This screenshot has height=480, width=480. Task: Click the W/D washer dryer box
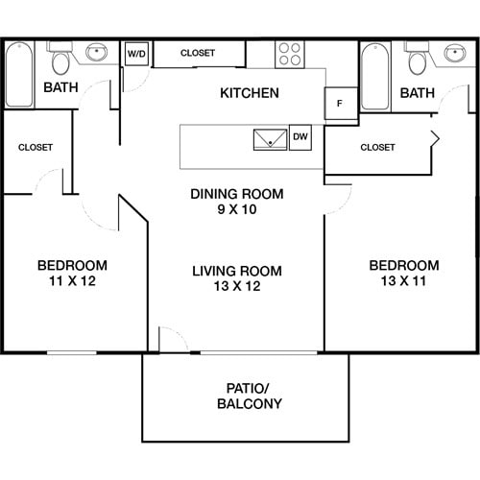point(137,55)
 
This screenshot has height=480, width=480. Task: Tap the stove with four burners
point(291,54)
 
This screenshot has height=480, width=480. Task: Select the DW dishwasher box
point(300,137)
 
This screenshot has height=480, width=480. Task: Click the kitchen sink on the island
point(269,138)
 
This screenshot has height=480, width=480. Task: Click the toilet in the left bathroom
point(60,62)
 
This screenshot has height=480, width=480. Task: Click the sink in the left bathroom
point(97,52)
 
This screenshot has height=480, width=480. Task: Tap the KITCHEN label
point(250,93)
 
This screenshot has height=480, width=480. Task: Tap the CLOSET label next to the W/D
point(198,53)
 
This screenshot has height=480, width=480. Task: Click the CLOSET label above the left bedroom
point(36,147)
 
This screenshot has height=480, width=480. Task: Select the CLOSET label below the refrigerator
point(377,147)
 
